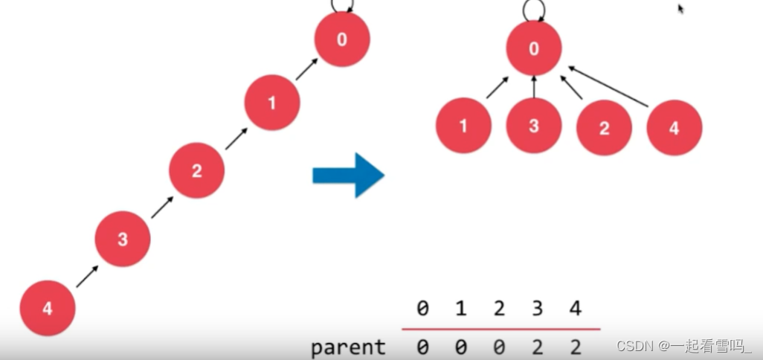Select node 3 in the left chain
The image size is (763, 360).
pyautogui.click(x=123, y=240)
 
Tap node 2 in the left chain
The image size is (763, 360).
pyautogui.click(x=196, y=171)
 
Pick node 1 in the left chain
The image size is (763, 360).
pyautogui.click(x=272, y=103)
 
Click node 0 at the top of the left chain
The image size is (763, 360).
pyautogui.click(x=342, y=39)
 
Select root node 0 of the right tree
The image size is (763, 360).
pyautogui.click(x=534, y=49)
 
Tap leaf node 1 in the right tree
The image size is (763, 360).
pyautogui.click(x=463, y=126)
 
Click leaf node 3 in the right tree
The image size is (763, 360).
pyautogui.click(x=534, y=125)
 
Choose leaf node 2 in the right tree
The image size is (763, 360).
pyautogui.click(x=604, y=127)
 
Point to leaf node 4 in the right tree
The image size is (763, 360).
pyautogui.click(x=674, y=127)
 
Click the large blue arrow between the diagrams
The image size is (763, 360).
pyautogui.click(x=348, y=175)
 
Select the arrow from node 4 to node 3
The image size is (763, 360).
pyautogui.click(x=86, y=276)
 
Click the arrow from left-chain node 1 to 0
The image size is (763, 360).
pyautogui.click(x=306, y=69)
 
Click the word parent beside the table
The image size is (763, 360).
pyautogui.click(x=348, y=347)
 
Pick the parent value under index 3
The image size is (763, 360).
pyautogui.click(x=537, y=347)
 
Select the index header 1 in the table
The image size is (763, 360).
pyautogui.click(x=460, y=308)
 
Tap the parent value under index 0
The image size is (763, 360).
pyautogui.click(x=422, y=347)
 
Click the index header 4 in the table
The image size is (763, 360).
pyautogui.click(x=575, y=308)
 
